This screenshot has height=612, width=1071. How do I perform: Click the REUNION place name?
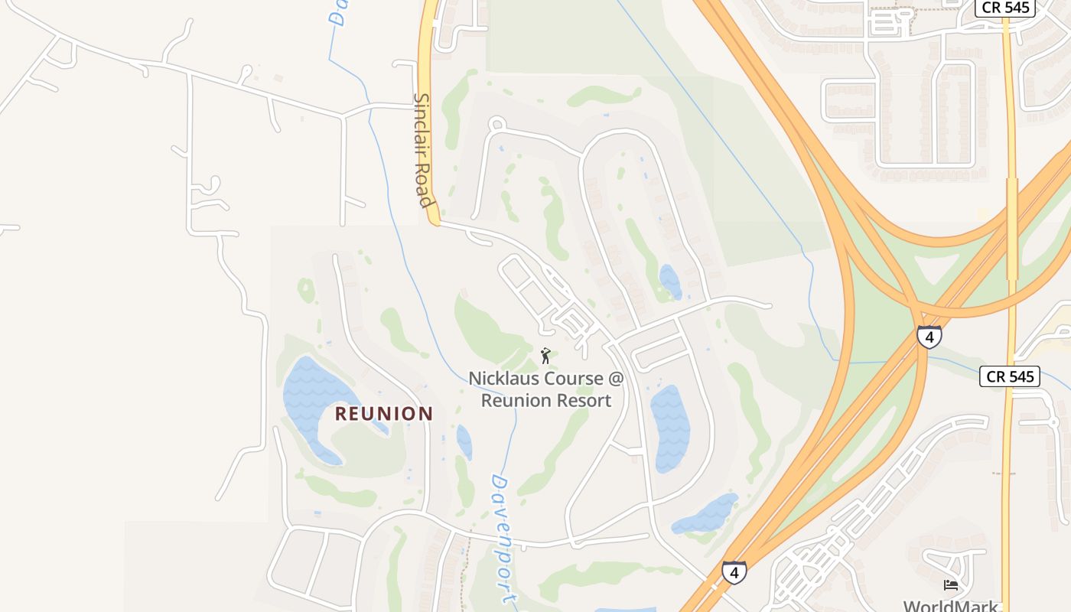click(384, 414)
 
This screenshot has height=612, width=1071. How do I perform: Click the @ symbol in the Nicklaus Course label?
click(616, 379)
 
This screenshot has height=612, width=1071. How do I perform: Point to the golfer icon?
click(545, 356)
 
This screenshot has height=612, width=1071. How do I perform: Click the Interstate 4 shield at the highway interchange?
click(929, 337)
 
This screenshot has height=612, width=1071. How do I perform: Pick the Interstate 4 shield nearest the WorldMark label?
click(734, 572)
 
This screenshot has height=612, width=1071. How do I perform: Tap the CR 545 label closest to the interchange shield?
click(1010, 376)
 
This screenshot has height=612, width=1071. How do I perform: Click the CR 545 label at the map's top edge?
click(1004, 8)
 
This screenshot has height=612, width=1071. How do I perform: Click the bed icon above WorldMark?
click(951, 585)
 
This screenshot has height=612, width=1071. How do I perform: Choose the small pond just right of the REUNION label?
click(464, 442)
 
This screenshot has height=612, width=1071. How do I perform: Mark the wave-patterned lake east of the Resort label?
click(669, 428)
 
